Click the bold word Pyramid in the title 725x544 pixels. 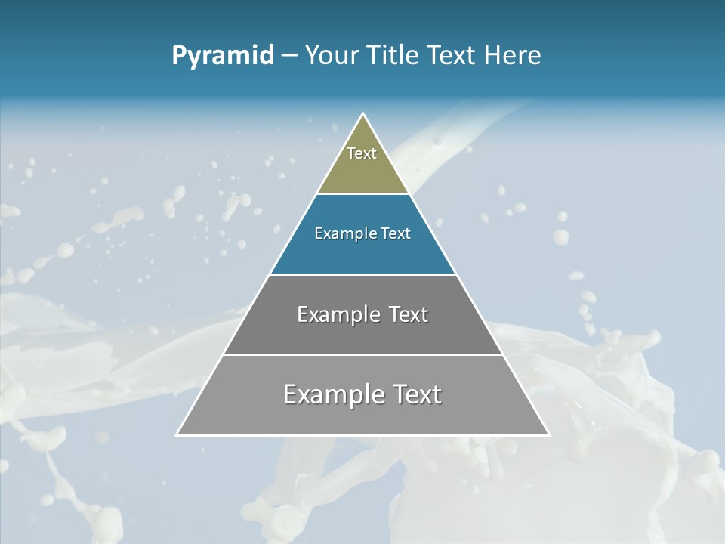(222, 55)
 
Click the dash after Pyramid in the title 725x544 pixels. (289, 55)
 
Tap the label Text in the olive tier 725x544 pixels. (362, 153)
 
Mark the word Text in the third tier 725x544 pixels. (409, 314)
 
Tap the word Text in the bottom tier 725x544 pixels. (416, 394)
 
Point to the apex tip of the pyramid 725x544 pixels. (363, 115)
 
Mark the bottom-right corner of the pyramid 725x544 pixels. (548, 434)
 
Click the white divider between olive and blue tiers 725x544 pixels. (363, 193)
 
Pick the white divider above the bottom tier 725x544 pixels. (363, 354)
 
